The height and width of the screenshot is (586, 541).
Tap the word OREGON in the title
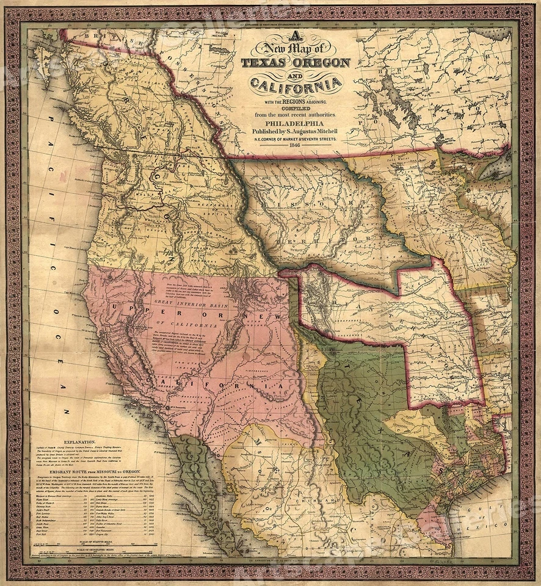point(321,63)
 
